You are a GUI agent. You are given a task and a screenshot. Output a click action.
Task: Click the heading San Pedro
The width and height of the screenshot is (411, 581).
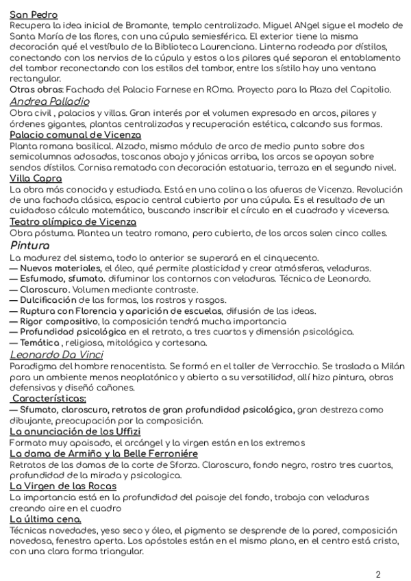tap(34, 14)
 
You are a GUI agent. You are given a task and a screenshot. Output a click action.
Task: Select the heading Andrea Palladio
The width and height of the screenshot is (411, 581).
tap(49, 102)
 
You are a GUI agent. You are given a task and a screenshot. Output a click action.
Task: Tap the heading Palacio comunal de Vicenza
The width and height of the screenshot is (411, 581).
tap(75, 135)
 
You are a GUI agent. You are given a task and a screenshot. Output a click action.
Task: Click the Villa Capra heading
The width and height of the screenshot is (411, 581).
tap(36, 178)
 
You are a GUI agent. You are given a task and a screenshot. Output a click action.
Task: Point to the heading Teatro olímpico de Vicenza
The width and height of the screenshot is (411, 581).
tap(73, 221)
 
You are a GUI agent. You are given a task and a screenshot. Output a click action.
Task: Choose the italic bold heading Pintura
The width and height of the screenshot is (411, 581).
tap(30, 245)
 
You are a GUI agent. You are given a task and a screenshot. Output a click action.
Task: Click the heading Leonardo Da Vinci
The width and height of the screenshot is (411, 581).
tap(57, 354)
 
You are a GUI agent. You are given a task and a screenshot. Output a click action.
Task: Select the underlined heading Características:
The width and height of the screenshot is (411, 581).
tap(49, 398)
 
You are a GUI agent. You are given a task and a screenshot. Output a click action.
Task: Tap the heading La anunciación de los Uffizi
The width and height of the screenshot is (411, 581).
tap(75, 431)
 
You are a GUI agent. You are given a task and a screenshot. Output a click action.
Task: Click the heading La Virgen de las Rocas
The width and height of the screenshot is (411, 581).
tap(63, 486)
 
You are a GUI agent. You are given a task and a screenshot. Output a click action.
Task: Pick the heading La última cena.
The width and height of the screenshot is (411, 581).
tap(45, 519)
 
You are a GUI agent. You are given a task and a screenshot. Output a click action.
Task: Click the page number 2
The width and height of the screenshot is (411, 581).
tap(378, 574)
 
